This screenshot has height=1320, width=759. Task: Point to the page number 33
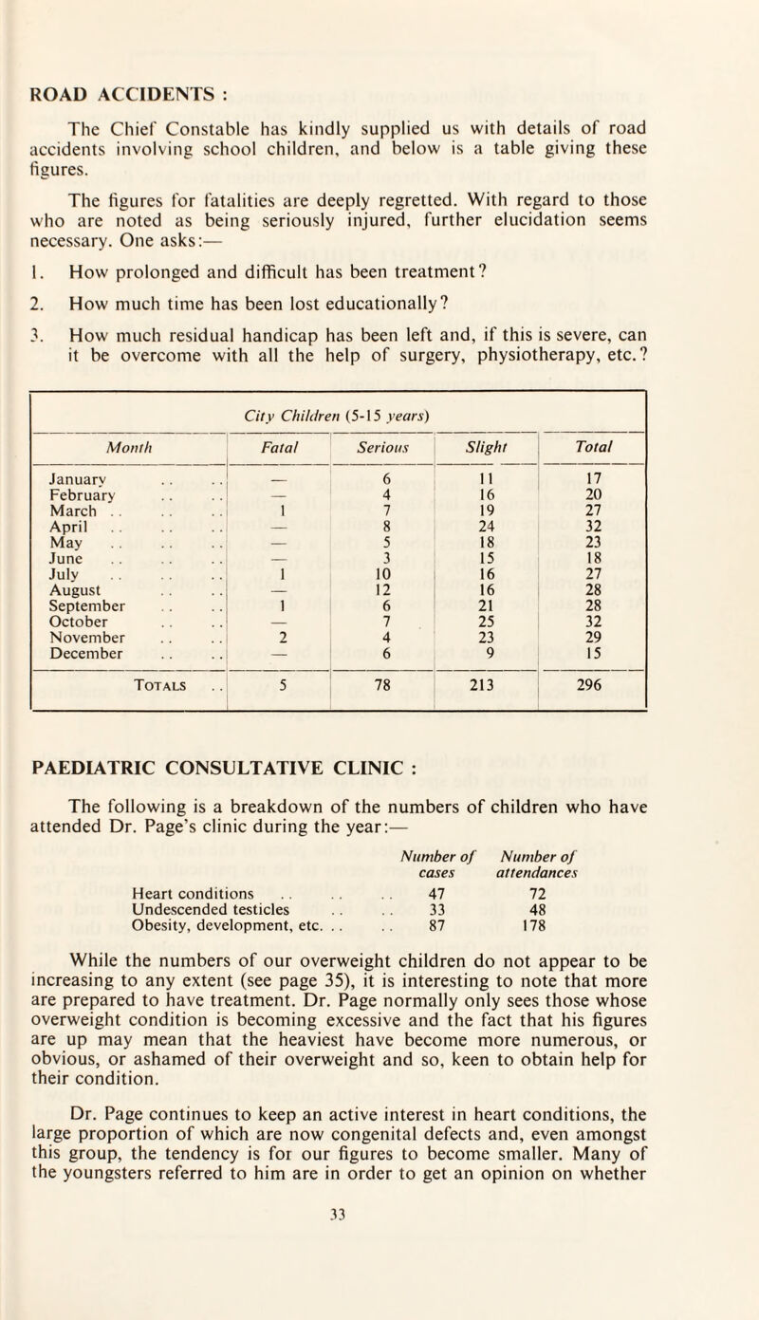[379, 1297]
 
